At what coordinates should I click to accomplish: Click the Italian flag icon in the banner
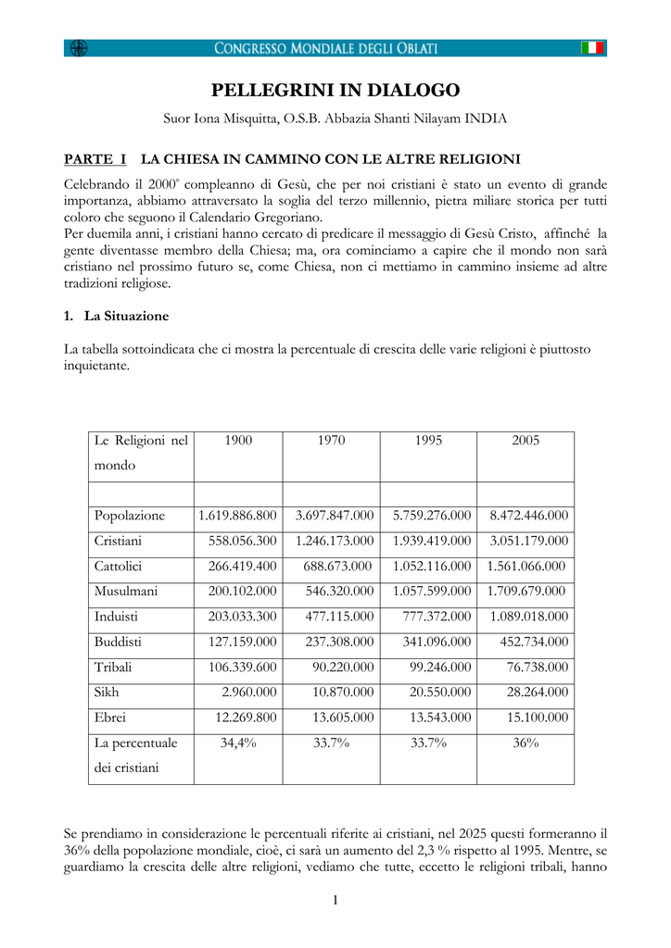592,48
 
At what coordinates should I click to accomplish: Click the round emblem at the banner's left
79,48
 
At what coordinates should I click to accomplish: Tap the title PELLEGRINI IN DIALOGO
335,91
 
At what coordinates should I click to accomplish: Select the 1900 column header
238,441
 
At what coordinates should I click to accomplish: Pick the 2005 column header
525,441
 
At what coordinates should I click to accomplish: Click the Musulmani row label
125,591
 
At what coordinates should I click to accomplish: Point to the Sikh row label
107,692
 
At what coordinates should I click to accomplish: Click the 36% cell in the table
525,742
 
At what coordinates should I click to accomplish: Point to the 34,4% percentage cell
238,742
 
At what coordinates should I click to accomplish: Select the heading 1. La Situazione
117,317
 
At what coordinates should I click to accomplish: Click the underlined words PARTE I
95,159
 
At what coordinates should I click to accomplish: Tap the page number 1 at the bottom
335,900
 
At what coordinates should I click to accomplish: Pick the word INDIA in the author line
486,118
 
